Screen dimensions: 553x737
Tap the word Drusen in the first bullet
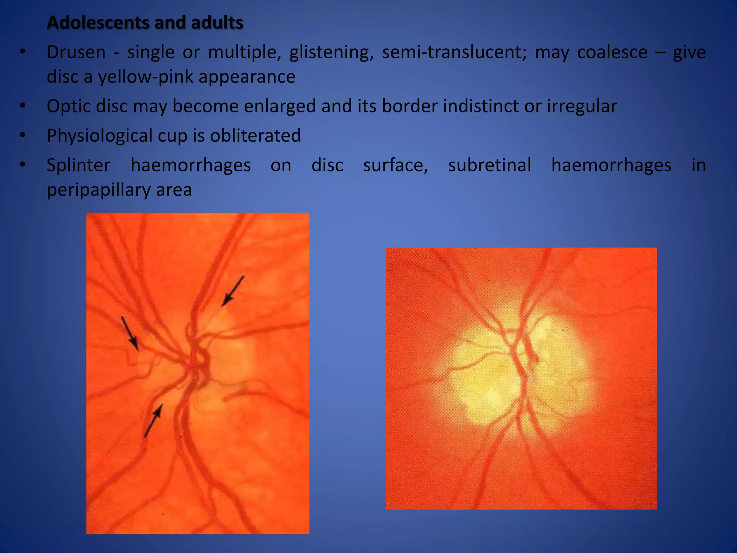[x=76, y=52]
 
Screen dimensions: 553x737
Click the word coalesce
[x=612, y=52]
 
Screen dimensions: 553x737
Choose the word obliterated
[x=255, y=136]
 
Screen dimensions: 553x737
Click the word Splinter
[x=78, y=165]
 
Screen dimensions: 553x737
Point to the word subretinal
[x=489, y=165]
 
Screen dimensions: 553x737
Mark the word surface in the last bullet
[x=395, y=165]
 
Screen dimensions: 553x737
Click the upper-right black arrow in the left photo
[x=232, y=291]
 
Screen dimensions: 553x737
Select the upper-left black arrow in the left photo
[x=130, y=333]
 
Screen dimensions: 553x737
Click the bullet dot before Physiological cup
[x=23, y=135]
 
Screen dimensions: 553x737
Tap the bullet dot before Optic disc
[x=23, y=106]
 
